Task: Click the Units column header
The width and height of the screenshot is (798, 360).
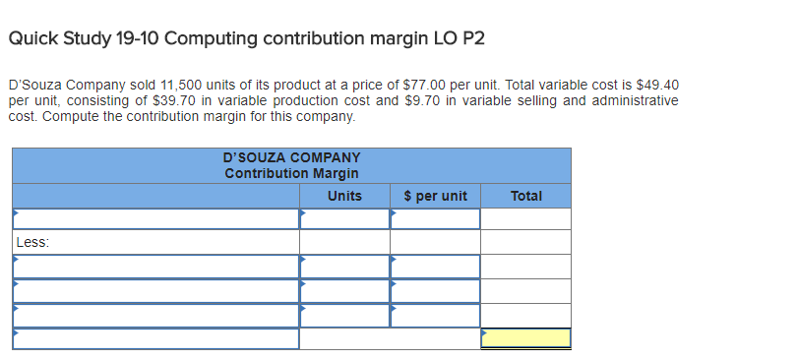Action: click(x=344, y=196)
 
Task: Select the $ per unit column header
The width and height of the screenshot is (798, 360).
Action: click(x=435, y=196)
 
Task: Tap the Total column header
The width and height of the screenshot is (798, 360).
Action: click(x=525, y=196)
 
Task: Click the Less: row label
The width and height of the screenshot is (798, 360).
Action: click(x=33, y=242)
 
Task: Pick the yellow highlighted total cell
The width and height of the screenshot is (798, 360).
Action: click(x=525, y=338)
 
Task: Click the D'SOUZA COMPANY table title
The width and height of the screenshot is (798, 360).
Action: click(x=291, y=157)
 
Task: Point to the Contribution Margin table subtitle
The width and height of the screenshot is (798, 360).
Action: click(x=291, y=173)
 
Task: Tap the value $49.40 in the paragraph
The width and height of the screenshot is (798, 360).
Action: click(x=658, y=86)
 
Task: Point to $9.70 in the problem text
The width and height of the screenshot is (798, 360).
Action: click(x=424, y=101)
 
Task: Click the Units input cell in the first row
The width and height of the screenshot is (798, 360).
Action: click(x=344, y=218)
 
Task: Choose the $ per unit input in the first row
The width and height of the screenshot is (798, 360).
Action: click(x=435, y=218)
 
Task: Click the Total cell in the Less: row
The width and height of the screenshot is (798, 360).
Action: click(x=525, y=242)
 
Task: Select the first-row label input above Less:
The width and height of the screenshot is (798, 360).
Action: click(x=155, y=218)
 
